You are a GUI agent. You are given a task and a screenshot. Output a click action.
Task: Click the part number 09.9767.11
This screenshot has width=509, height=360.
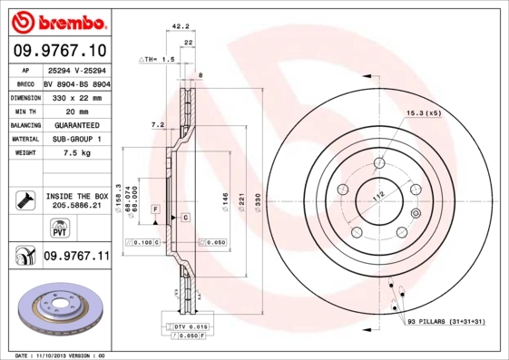[76, 257]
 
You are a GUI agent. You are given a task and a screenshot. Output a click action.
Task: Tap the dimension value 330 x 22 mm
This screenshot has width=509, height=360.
[75, 95]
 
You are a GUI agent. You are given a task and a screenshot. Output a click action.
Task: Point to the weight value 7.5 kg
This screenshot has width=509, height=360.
[75, 154]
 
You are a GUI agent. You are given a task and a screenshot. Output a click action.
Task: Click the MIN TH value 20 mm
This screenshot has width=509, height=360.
[75, 110]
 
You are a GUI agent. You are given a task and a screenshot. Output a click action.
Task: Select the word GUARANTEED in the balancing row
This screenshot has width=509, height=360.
[75, 124]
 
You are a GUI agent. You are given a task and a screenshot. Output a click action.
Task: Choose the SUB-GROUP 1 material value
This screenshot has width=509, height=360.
[75, 139]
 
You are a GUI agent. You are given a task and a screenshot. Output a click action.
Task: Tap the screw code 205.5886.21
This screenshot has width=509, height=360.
[76, 206]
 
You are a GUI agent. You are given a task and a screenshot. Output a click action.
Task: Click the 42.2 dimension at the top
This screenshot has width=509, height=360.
[180, 26]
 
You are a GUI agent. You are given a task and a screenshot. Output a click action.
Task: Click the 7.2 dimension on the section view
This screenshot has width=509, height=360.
[156, 123]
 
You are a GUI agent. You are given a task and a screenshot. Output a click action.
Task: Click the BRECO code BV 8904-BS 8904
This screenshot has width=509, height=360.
[75, 81]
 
